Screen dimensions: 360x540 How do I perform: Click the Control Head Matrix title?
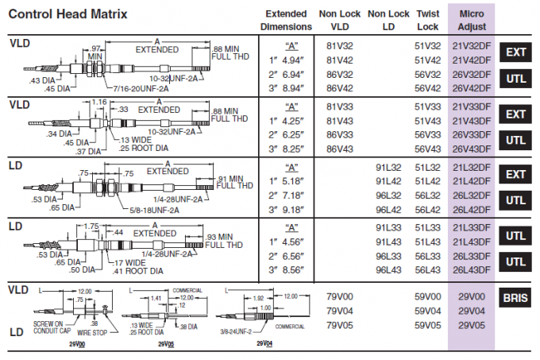(66, 14)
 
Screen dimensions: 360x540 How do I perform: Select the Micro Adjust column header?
(472, 20)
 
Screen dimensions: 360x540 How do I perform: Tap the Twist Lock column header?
(427, 20)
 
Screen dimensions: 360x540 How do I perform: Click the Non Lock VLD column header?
(340, 20)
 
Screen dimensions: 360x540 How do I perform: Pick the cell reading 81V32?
(340, 46)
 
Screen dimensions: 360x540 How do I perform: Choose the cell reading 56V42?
(427, 87)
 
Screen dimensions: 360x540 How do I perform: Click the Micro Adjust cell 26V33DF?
(472, 135)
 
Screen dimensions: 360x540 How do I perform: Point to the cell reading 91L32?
(389, 168)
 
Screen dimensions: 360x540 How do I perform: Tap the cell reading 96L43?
(389, 270)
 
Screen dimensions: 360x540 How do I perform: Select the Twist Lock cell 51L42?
(427, 180)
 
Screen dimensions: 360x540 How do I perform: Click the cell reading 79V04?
(340, 311)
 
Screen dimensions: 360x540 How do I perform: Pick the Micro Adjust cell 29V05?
(472, 324)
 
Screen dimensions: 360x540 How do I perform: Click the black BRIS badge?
(516, 299)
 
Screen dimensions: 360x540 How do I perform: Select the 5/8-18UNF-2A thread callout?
(156, 209)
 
